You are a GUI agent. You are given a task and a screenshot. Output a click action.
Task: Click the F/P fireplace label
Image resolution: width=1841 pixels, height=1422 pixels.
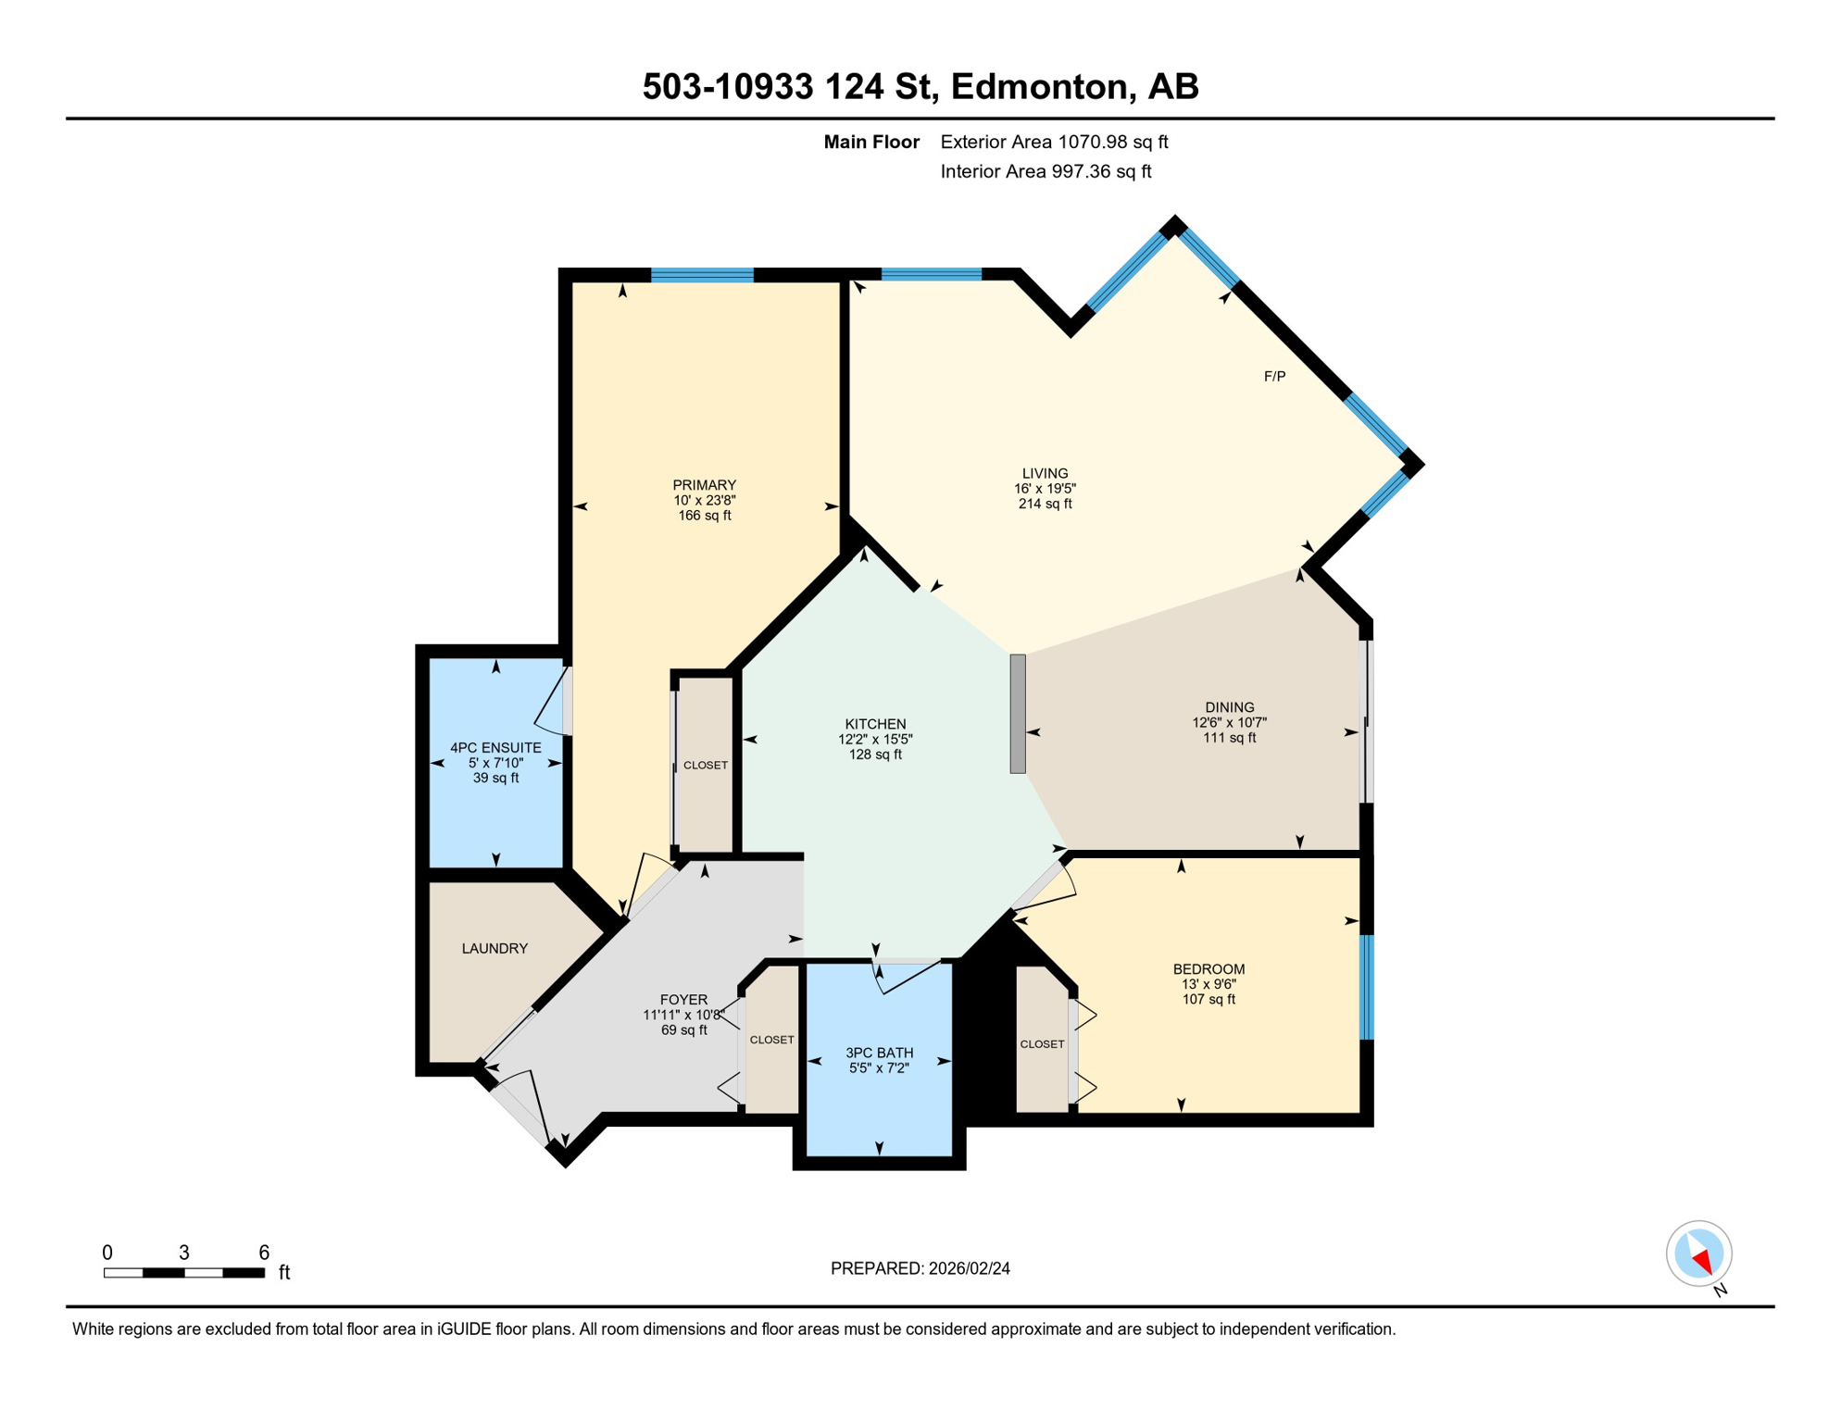point(1274,377)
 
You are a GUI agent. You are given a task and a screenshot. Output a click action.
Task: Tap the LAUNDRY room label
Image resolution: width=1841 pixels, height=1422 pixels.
point(495,948)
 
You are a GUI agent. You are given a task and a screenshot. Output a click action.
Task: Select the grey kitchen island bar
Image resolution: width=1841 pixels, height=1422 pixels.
point(1018,713)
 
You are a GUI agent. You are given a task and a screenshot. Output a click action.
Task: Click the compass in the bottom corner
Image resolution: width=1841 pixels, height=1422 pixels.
point(1698,1254)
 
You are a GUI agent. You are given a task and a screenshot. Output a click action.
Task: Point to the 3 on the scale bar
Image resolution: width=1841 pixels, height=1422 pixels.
point(184,1253)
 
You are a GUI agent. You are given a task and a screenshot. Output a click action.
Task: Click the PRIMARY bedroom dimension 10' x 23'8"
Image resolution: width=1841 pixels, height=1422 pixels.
point(704,500)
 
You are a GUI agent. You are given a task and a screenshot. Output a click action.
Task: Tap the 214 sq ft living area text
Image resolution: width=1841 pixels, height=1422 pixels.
point(1045,504)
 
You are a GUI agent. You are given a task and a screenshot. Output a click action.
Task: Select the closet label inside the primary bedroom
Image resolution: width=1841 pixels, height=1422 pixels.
point(705,765)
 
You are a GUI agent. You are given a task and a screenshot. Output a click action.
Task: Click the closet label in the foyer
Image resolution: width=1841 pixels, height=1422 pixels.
point(771,1040)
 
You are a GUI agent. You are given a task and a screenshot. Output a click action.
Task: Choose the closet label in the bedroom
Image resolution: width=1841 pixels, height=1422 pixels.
point(1042,1043)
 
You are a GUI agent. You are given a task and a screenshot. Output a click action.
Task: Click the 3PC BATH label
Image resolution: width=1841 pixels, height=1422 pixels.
point(879,1053)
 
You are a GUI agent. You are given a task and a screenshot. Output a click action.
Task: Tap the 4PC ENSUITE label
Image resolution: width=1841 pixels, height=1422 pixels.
point(495,747)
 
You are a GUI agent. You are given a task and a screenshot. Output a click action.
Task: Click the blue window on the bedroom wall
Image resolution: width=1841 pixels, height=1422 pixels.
point(1366,987)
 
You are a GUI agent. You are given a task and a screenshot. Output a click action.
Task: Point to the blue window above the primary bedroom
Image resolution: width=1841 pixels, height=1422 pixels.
point(702,275)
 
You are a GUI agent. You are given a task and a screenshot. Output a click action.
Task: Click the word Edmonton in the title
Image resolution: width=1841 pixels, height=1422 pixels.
point(1042,86)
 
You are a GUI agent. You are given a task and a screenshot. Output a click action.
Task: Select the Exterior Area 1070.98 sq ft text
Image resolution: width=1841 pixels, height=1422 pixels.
point(1054,142)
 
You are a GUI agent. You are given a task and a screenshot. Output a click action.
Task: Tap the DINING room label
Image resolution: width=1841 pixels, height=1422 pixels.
point(1229,707)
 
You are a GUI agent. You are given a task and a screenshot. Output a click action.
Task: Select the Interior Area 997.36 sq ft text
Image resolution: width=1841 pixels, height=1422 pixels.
point(1046,171)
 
